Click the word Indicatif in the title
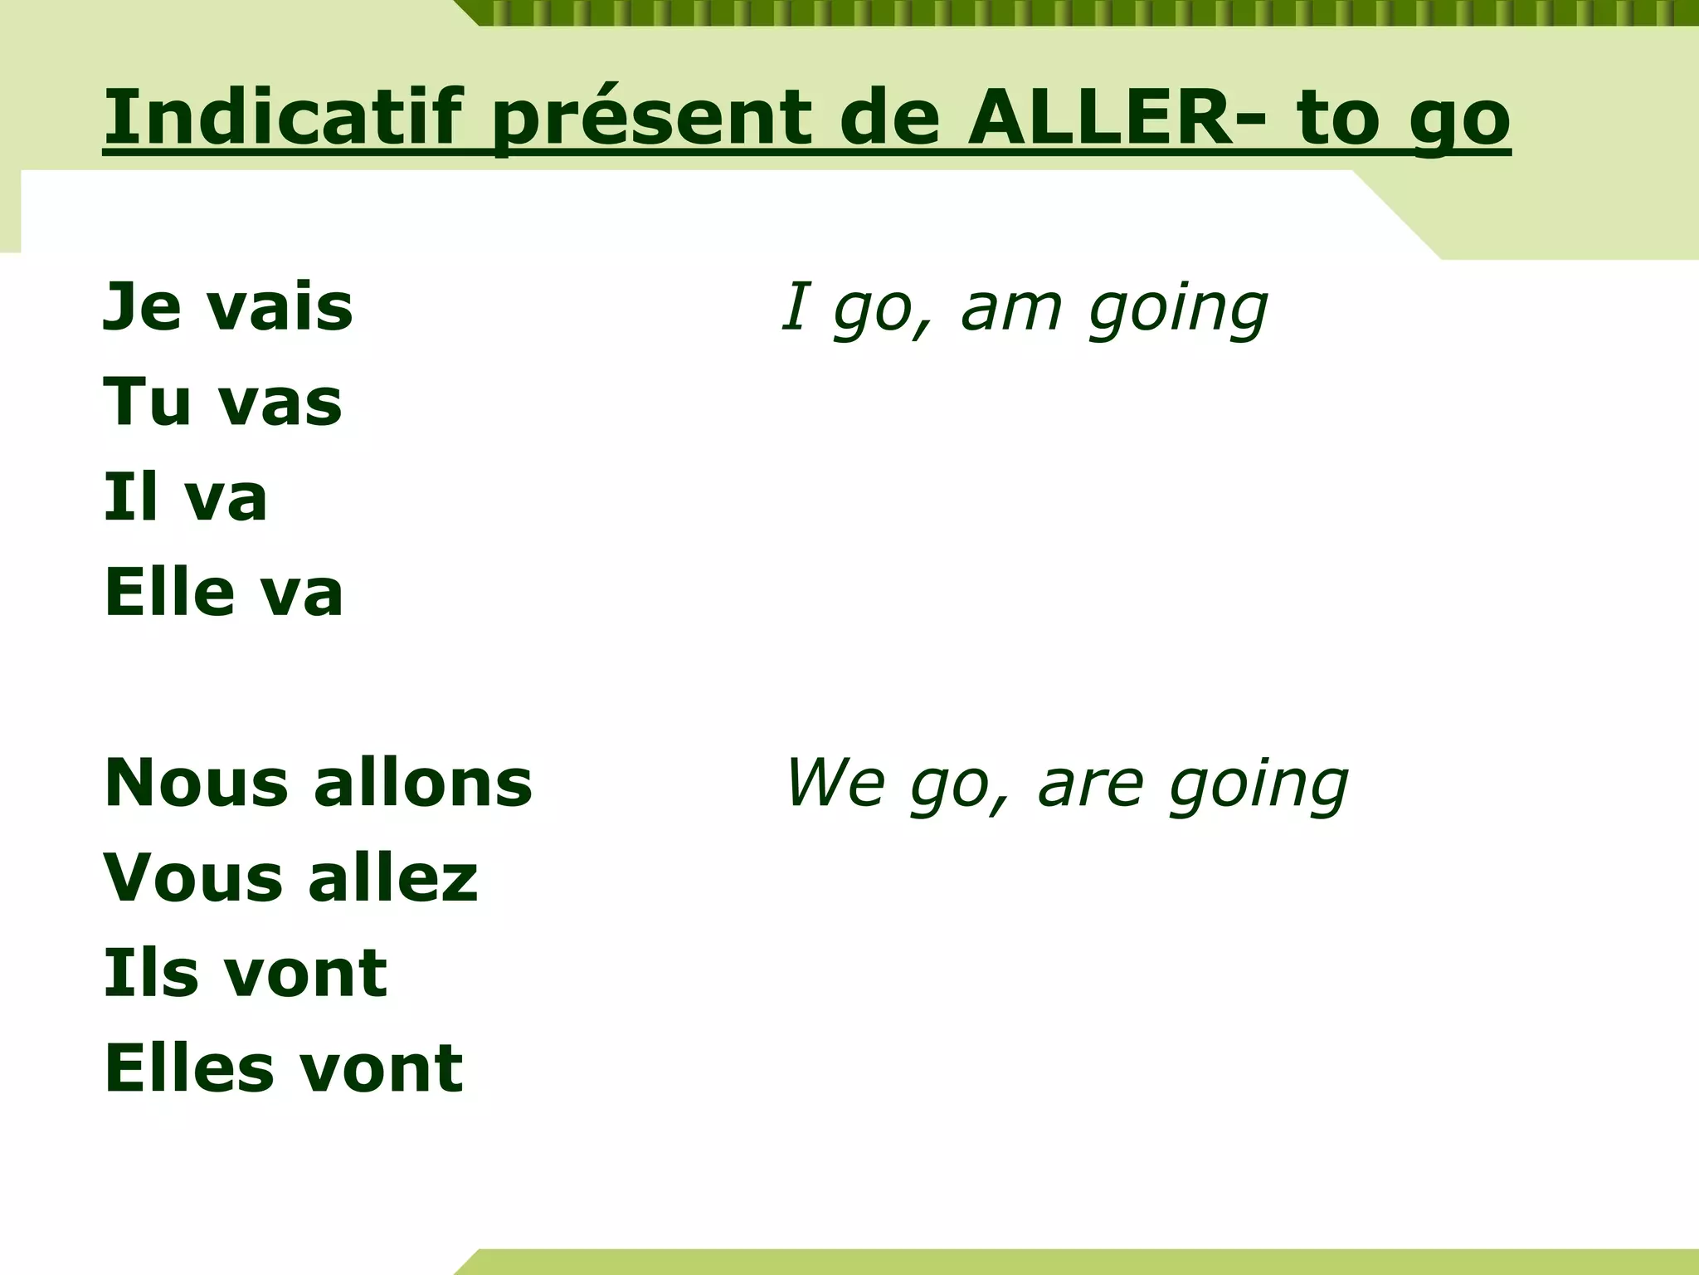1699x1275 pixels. pyautogui.click(x=281, y=118)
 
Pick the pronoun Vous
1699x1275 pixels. pyautogui.click(x=194, y=877)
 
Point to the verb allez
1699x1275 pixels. pyautogui.click(x=393, y=877)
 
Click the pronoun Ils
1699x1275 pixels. pyautogui.click(x=148, y=972)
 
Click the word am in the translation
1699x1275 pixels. pyautogui.click(x=1011, y=307)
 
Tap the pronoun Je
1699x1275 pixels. pyautogui.click(x=142, y=307)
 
